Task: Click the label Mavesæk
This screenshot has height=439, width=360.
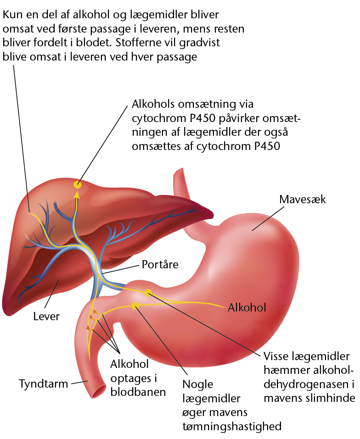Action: coord(302,200)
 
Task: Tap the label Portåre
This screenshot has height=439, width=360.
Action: coord(160,264)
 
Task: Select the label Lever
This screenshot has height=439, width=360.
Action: coord(46,317)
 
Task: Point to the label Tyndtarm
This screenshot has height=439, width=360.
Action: coord(44,383)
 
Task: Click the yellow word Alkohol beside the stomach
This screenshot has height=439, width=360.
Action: coord(247,307)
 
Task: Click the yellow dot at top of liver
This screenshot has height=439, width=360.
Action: coord(77,185)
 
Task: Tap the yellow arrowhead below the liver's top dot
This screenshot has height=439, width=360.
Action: coord(77,194)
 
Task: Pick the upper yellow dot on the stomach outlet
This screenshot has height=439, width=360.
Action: coord(148,293)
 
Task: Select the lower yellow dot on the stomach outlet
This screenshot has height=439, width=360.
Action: coord(135,306)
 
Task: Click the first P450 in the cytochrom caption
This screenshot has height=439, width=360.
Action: coord(202,118)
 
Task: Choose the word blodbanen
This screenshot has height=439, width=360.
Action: coord(138,392)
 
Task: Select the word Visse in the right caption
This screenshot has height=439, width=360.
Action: coord(276,356)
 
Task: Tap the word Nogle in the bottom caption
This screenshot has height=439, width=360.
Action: coord(198,384)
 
